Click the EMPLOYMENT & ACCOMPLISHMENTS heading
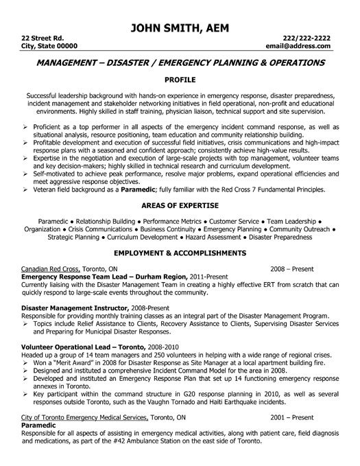click(x=180, y=252)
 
